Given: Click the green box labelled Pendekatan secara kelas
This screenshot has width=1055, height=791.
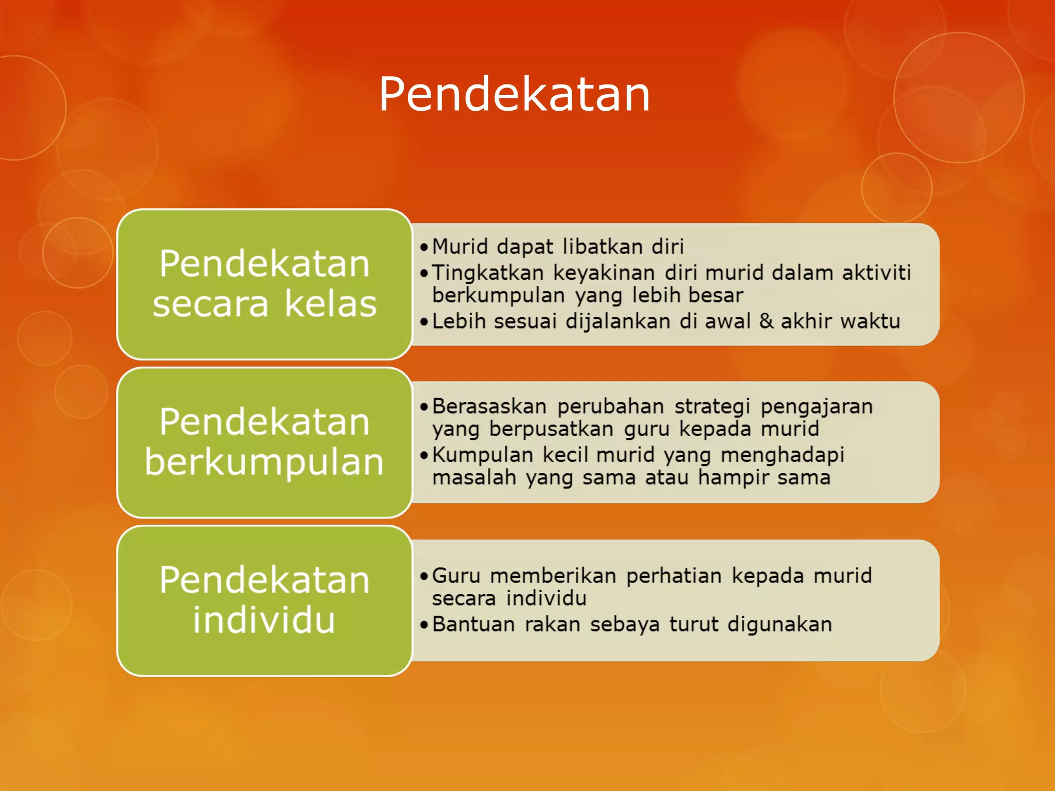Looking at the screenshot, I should (x=264, y=284).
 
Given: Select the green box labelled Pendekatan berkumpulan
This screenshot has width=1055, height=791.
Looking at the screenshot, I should (x=264, y=442).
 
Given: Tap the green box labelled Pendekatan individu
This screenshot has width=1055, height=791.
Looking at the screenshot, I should (x=264, y=600).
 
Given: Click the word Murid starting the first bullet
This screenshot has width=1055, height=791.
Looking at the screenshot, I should (x=460, y=247).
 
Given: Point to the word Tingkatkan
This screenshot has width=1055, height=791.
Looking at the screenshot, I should (x=487, y=273).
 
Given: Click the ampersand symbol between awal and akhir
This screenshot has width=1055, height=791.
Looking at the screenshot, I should (x=766, y=321).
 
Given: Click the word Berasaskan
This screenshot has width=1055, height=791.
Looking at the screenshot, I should (x=489, y=406).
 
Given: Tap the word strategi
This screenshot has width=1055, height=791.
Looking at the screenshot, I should (x=712, y=406).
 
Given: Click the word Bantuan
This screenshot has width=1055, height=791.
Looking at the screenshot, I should (x=473, y=624).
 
